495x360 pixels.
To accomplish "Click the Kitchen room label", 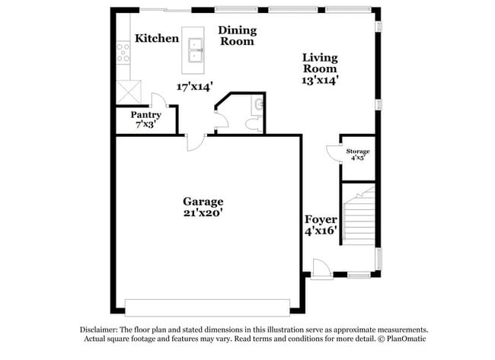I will [156, 38].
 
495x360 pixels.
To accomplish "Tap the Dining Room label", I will [238, 36].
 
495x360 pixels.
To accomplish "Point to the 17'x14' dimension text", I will [195, 86].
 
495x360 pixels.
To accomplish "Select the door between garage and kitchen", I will [195, 141].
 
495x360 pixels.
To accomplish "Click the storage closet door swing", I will [333, 152].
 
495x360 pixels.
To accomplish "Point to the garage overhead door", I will [208, 305].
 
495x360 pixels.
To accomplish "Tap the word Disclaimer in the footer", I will [100, 330].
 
